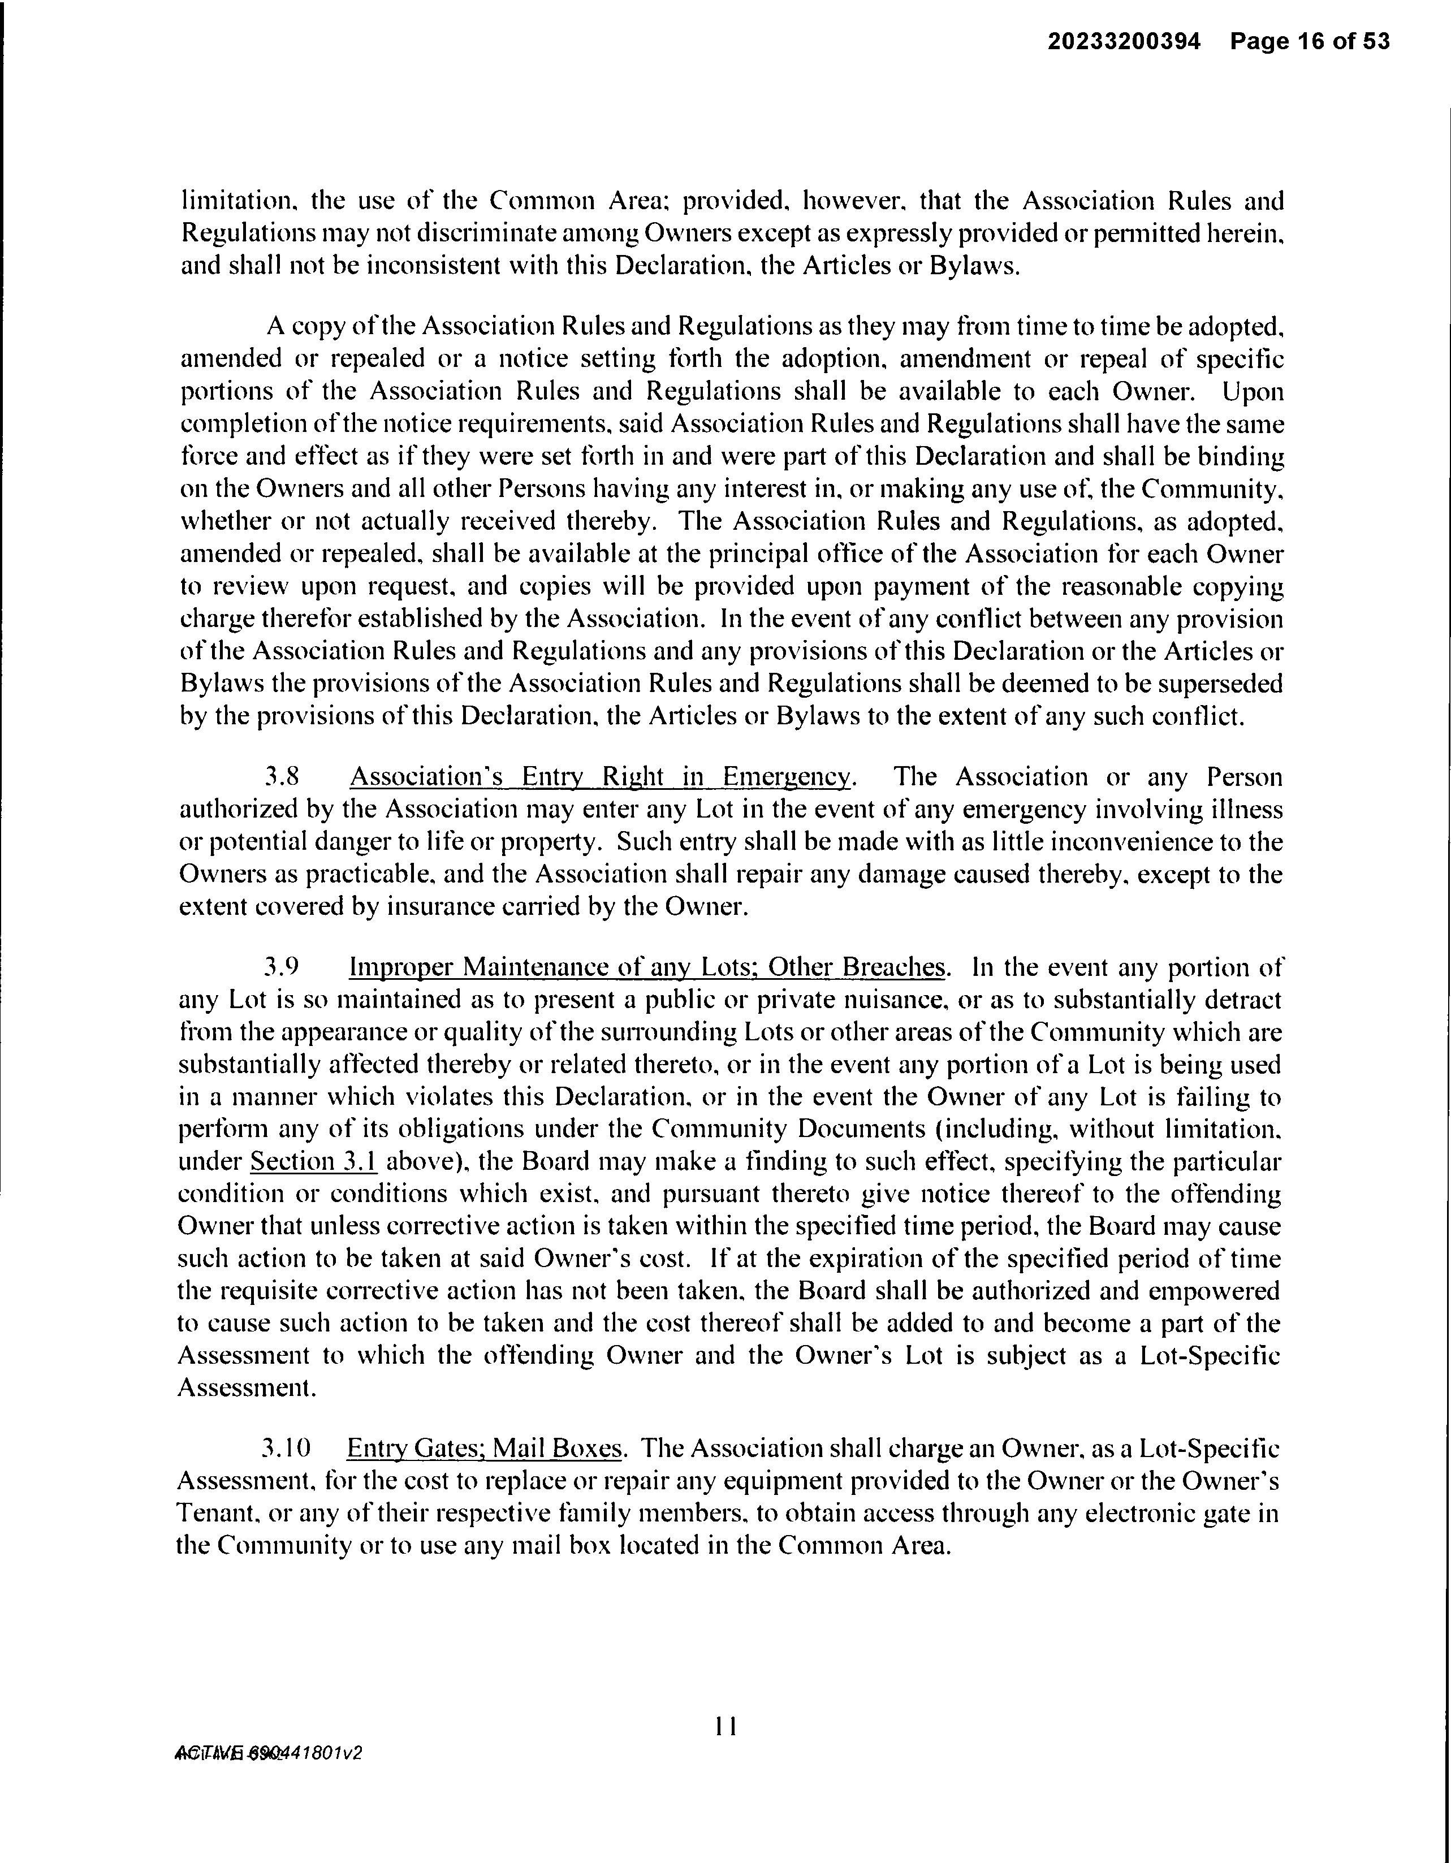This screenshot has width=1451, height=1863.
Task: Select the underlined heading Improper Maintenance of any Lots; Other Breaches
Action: pyautogui.click(x=647, y=967)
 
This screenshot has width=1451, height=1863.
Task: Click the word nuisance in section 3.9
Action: pyautogui.click(x=889, y=999)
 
